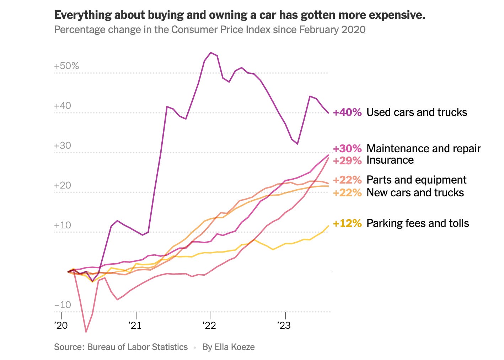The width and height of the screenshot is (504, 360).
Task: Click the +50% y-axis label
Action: coord(66,66)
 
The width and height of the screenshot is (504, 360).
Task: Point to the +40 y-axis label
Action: coord(63,106)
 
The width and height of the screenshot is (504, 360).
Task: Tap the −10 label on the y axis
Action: coord(63,305)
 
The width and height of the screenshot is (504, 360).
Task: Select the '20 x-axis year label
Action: coord(61,325)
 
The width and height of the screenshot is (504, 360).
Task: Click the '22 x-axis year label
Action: coord(209,325)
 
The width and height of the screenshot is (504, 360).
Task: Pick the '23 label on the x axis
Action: coord(284,325)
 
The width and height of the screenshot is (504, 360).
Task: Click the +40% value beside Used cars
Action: coord(347,112)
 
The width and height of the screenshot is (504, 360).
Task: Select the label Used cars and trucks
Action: coord(417,112)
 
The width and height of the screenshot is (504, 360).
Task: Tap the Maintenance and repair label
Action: coord(423,148)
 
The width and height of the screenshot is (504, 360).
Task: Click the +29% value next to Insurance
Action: coord(347,160)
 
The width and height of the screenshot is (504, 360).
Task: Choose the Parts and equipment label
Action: coord(416,180)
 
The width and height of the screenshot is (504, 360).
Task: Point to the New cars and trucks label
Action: coord(415,193)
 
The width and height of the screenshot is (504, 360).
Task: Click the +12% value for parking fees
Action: coord(347,223)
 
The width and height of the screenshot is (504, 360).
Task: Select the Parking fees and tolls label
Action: coord(418,223)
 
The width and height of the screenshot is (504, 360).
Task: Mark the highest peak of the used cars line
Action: coord(211,53)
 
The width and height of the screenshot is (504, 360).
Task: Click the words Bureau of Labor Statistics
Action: coord(137,347)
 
